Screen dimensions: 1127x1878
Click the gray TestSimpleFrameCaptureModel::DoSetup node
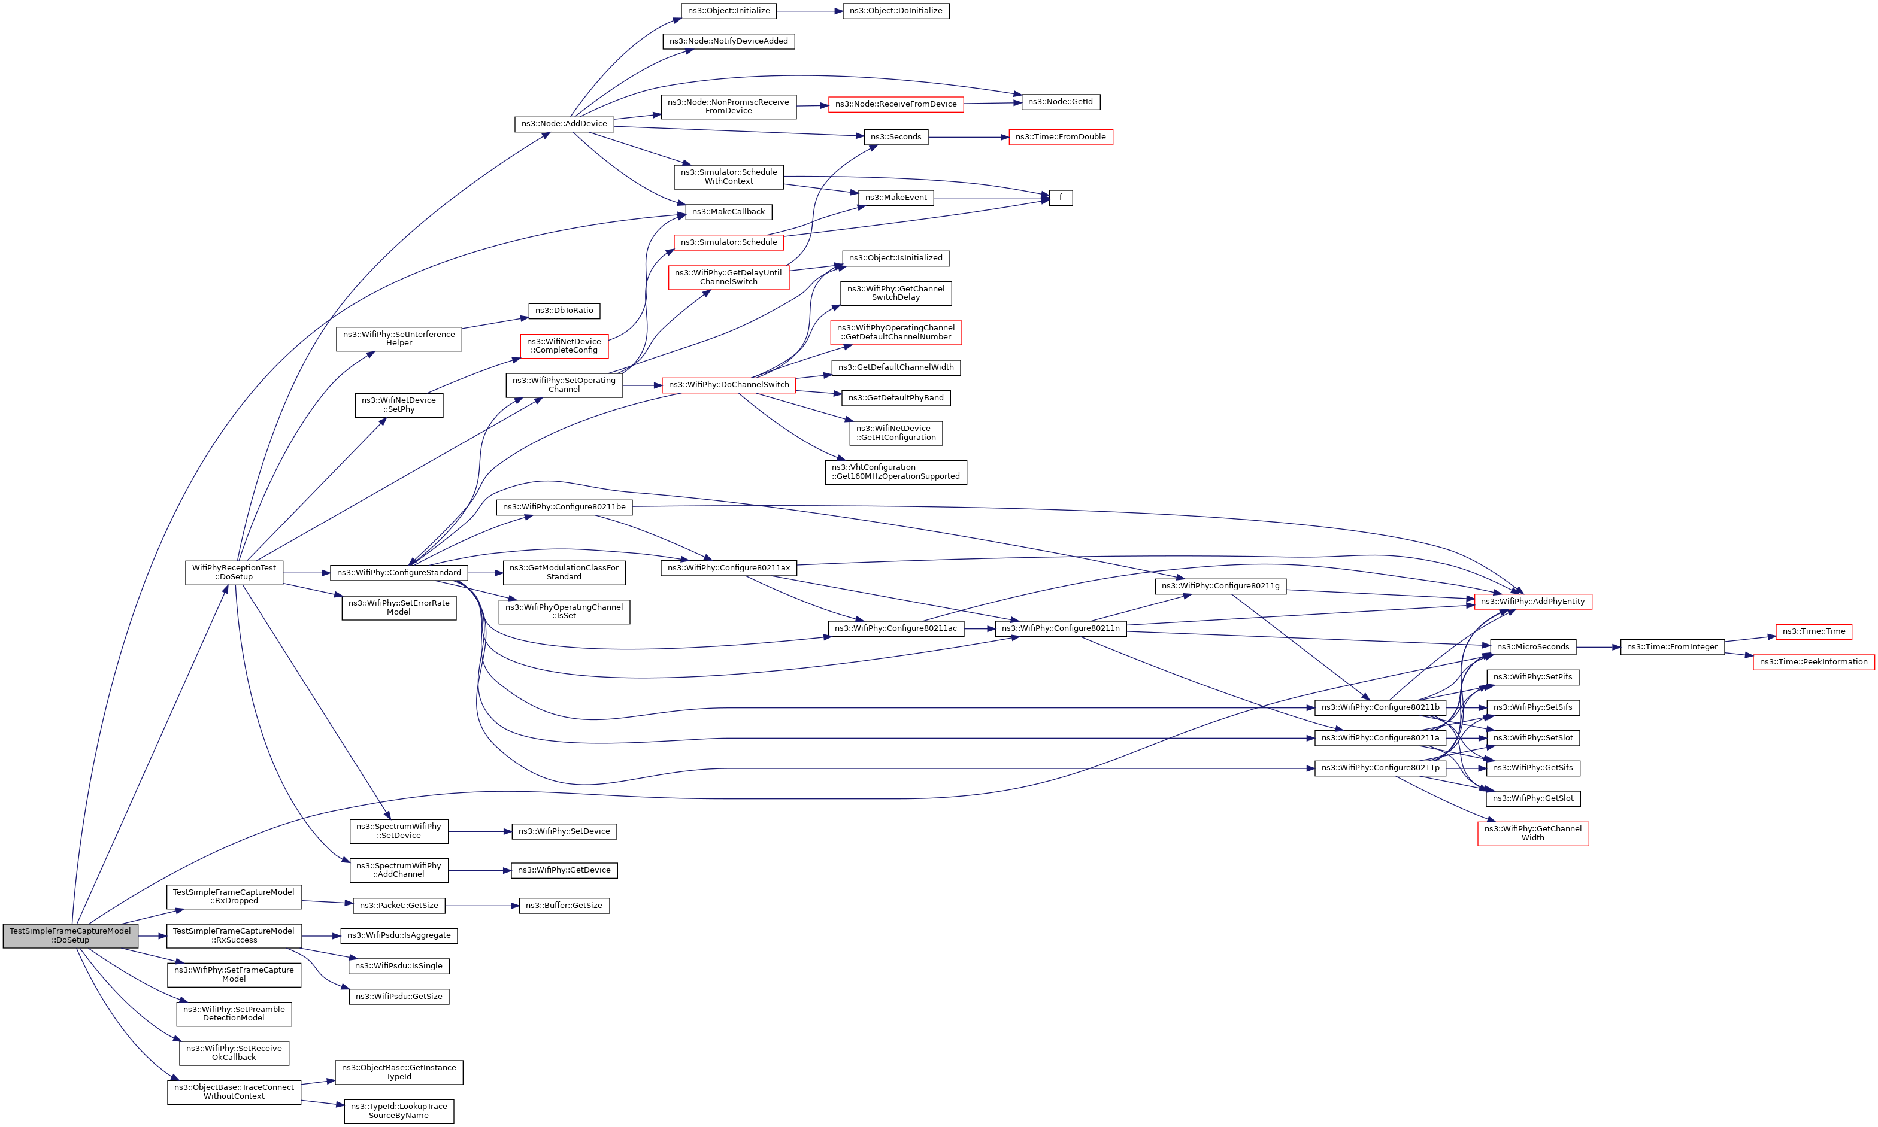70,935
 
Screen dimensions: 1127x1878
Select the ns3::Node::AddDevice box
564,124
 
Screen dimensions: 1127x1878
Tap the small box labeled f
1061,198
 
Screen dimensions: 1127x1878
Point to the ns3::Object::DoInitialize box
896,11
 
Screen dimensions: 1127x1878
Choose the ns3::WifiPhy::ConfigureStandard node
399,573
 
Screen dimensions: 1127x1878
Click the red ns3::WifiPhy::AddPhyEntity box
1532,602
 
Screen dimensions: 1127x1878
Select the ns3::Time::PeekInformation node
1813,662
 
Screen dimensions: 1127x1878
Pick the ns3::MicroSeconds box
1532,647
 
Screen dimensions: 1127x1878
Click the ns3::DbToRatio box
564,311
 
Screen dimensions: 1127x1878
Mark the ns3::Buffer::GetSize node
564,905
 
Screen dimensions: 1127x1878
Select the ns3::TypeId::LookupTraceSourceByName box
399,1111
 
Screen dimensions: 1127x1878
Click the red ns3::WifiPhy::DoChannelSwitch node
729,385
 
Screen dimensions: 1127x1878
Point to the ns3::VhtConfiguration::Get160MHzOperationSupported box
896,472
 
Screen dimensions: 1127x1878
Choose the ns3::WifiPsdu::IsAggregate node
399,935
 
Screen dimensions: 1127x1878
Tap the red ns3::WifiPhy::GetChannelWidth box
1532,833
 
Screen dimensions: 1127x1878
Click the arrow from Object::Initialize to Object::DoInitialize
809,11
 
